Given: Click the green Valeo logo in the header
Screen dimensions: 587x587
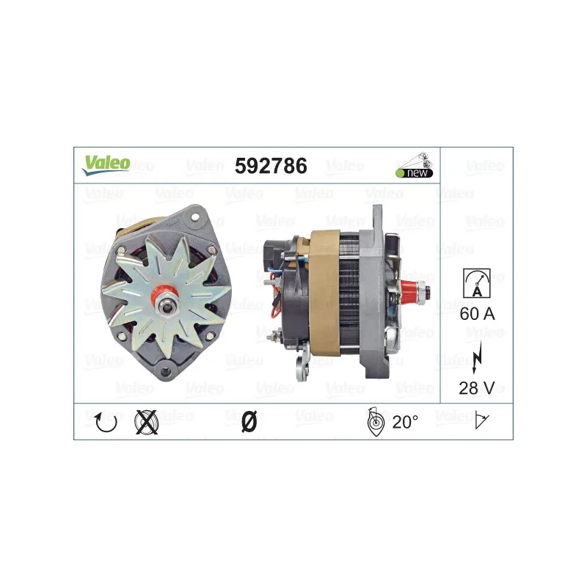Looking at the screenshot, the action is [106, 165].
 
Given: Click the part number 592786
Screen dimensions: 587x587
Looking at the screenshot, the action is [271, 166].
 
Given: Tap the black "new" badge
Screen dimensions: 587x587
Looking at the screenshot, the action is [415, 173].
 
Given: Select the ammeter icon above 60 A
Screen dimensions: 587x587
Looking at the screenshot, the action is [476, 283].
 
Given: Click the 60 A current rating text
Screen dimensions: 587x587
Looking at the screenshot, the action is [477, 314].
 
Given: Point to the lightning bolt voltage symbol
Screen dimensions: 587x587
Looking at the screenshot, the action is [478, 357].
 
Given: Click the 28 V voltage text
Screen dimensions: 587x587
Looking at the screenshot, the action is [476, 388].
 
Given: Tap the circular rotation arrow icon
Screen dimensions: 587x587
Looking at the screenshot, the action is [106, 423].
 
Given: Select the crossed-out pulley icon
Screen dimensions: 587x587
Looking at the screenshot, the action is [146, 423].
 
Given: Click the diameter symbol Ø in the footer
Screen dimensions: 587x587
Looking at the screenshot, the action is [249, 422].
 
